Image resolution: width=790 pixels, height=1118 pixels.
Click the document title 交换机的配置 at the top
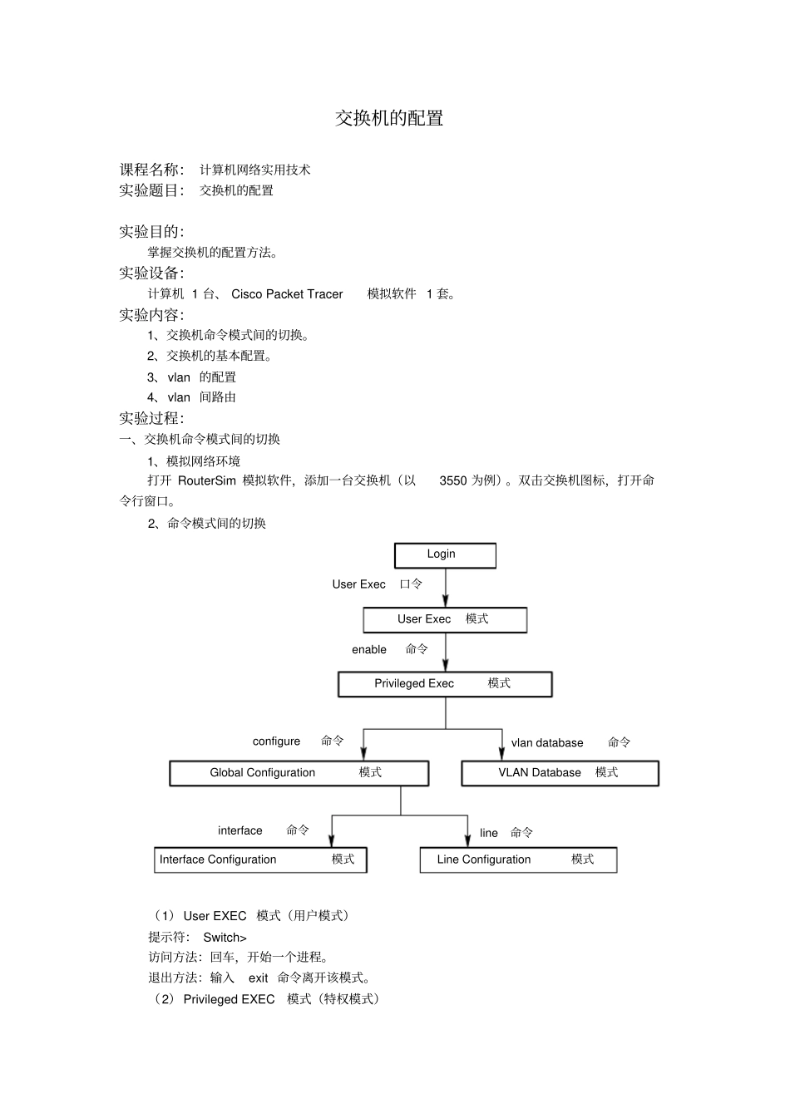click(389, 118)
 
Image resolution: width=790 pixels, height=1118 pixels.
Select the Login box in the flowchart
click(445, 555)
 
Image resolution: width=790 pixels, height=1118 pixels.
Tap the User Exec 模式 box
click(445, 619)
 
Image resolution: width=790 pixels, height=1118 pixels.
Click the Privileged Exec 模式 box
click(445, 684)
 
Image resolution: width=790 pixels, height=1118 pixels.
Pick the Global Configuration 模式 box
click(299, 773)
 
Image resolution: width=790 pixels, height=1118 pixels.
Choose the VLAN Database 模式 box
click(560, 773)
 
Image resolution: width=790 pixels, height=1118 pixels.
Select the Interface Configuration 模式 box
click(260, 859)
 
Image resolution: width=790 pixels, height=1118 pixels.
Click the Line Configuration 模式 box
click(518, 859)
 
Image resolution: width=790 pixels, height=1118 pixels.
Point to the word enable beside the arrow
click(369, 650)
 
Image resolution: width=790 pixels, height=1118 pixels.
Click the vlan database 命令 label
click(570, 743)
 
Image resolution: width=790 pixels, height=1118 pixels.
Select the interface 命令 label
click(263, 830)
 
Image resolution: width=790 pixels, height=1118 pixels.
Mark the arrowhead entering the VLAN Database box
click(501, 753)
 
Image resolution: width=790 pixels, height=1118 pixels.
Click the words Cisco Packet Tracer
click(287, 294)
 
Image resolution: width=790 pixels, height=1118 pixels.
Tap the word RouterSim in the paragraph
click(207, 480)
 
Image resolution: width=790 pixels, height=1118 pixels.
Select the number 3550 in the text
click(453, 480)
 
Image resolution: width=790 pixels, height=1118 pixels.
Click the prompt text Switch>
click(225, 938)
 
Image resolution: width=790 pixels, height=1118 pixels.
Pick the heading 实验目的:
click(151, 232)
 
